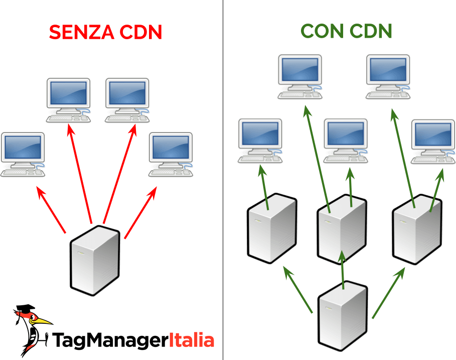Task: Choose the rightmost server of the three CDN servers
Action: [417, 230]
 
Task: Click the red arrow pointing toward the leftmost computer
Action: [51, 210]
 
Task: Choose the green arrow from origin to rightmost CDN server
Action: [387, 293]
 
